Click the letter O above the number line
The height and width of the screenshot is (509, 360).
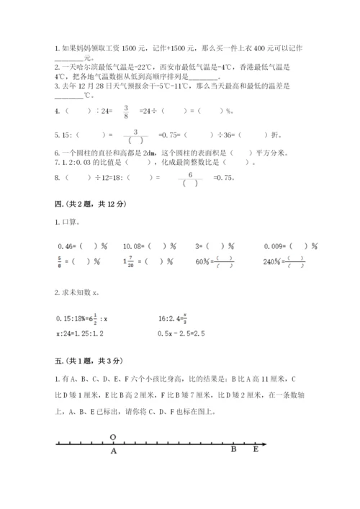pos(113,436)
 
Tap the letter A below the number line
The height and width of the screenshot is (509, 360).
pos(113,452)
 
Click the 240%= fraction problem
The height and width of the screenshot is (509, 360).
pos(284,263)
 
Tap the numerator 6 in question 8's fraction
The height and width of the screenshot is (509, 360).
pos(190,174)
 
